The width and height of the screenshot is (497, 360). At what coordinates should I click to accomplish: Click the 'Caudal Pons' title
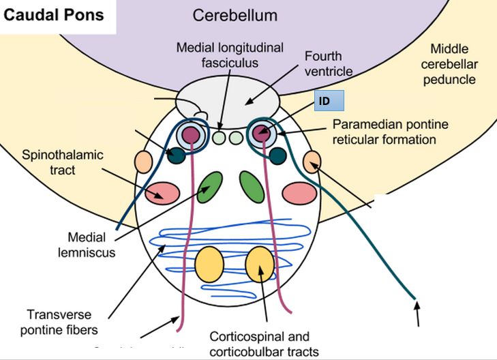[55, 15]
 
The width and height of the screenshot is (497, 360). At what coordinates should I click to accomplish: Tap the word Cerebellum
[235, 15]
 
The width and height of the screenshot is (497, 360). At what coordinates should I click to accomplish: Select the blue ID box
[329, 102]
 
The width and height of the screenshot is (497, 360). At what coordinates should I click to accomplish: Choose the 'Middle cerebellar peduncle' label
[457, 64]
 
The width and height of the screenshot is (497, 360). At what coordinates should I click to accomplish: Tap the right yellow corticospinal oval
[259, 265]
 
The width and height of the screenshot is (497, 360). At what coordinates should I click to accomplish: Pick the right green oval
[252, 186]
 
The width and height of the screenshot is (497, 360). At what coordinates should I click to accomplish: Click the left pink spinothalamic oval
[163, 193]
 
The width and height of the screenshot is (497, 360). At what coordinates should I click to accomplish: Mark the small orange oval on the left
[143, 162]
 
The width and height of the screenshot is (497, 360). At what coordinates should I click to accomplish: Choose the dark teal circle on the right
[277, 155]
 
